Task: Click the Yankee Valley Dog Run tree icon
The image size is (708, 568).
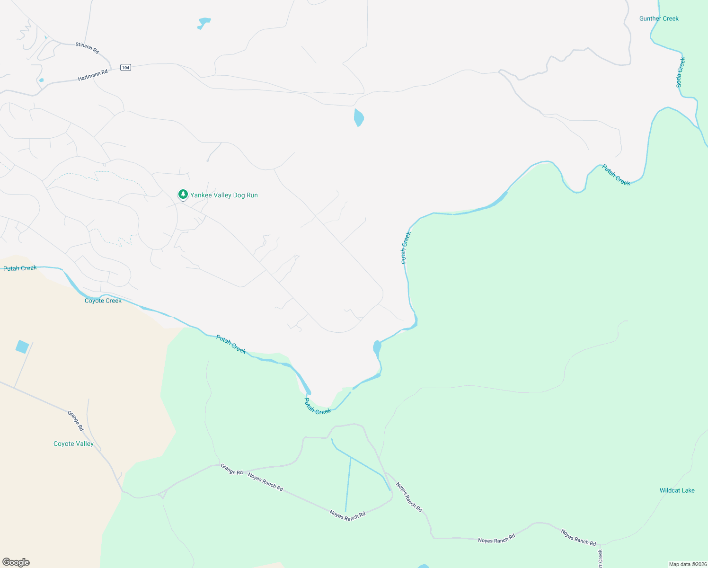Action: pos(183,194)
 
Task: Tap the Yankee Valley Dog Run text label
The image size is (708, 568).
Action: pos(224,195)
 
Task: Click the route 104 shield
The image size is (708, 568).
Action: pos(125,68)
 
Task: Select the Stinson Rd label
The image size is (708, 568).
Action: pos(87,48)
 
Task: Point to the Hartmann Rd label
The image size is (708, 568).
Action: pos(93,75)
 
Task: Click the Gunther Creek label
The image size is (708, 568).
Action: pos(659,18)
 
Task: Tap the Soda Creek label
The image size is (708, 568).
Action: pos(680,72)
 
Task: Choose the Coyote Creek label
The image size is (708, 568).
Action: pos(103,301)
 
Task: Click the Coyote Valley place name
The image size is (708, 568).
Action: pos(73,444)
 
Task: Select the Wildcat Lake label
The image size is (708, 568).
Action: pos(677,490)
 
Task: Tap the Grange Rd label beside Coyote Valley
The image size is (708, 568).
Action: pos(75,420)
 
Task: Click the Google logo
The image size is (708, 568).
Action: pos(16,562)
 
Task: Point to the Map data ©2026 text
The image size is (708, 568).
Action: pos(688,564)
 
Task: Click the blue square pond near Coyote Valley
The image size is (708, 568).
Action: pos(22,347)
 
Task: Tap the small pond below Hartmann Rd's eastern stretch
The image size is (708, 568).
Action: pos(359,117)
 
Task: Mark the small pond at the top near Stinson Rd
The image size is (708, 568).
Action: pos(204,23)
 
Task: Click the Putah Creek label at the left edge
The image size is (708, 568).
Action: pos(20,268)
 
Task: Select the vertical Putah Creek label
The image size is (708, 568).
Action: pos(406,248)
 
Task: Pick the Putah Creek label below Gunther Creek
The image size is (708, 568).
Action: pos(616,175)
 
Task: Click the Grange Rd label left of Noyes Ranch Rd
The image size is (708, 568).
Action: pos(231,469)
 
